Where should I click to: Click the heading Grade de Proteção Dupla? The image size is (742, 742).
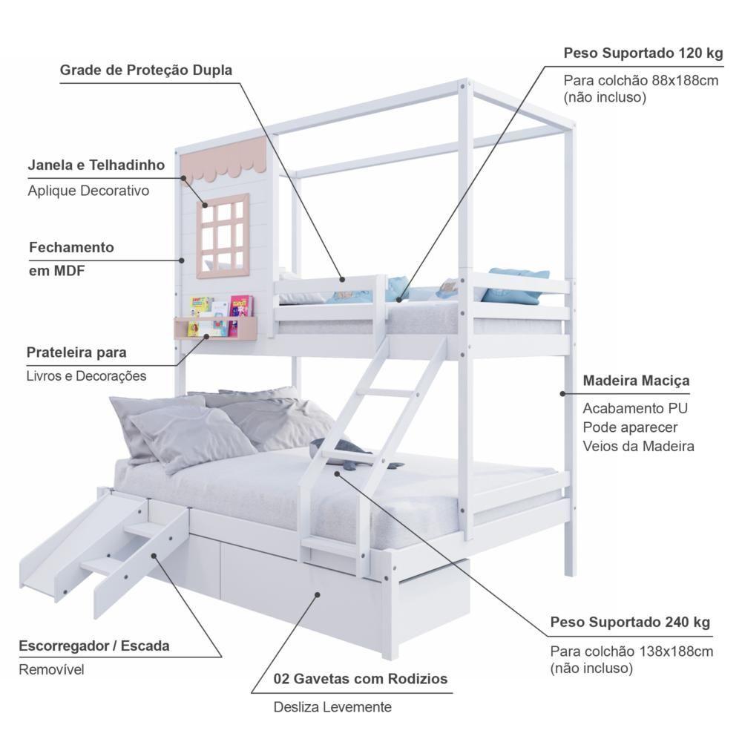tap(145, 70)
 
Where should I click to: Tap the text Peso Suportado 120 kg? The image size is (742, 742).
tap(643, 53)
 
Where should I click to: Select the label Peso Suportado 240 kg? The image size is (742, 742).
tap(630, 622)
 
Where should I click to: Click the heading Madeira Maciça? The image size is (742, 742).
tap(636, 381)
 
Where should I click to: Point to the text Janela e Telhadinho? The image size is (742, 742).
tap(96, 165)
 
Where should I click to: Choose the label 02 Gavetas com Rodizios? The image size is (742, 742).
tap(361, 679)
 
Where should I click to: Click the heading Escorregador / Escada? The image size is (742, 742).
tap(94, 646)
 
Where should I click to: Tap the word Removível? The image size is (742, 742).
tap(52, 669)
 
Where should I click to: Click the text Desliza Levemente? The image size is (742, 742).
tap(332, 707)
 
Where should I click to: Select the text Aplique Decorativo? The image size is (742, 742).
tap(88, 191)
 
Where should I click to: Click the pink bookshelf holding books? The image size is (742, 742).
tap(215, 327)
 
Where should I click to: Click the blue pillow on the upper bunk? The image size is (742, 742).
tap(518, 285)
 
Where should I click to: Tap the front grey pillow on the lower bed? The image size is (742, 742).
tap(193, 438)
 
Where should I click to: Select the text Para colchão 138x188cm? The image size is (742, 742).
tap(631, 651)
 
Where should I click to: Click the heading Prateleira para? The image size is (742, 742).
tap(76, 352)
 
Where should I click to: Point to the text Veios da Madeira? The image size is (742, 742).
tap(638, 446)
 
